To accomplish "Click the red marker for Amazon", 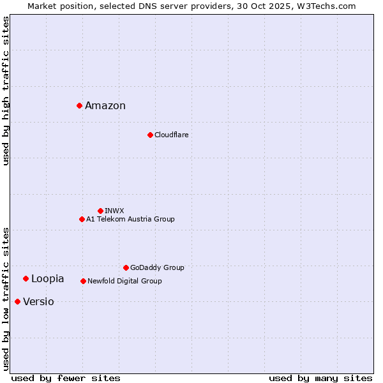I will pyautogui.click(x=79, y=105).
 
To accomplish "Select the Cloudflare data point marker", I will pyautogui.click(x=150, y=135).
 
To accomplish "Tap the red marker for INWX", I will pyautogui.click(x=100, y=211).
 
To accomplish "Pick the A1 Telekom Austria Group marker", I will pyautogui.click(x=82, y=219).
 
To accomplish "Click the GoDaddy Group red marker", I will pyautogui.click(x=126, y=267).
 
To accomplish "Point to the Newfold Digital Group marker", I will pyautogui.click(x=83, y=281).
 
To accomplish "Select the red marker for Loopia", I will pyautogui.click(x=26, y=278).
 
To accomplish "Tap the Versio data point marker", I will pyautogui.click(x=17, y=301).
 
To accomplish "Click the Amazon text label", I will pyautogui.click(x=105, y=106).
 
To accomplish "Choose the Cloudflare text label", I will pyautogui.click(x=171, y=135).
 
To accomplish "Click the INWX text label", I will pyautogui.click(x=114, y=211).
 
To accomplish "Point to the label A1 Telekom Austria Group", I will pyautogui.click(x=130, y=219).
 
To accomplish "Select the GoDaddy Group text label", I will pyautogui.click(x=157, y=267).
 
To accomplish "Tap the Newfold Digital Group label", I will pyautogui.click(x=124, y=281).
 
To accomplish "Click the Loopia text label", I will pyautogui.click(x=48, y=279).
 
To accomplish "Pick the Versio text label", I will pyautogui.click(x=38, y=302).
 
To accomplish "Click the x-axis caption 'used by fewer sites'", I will pyautogui.click(x=66, y=378).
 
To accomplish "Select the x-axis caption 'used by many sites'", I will pyautogui.click(x=320, y=378).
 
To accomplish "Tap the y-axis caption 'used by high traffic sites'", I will pyautogui.click(x=6, y=91).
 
